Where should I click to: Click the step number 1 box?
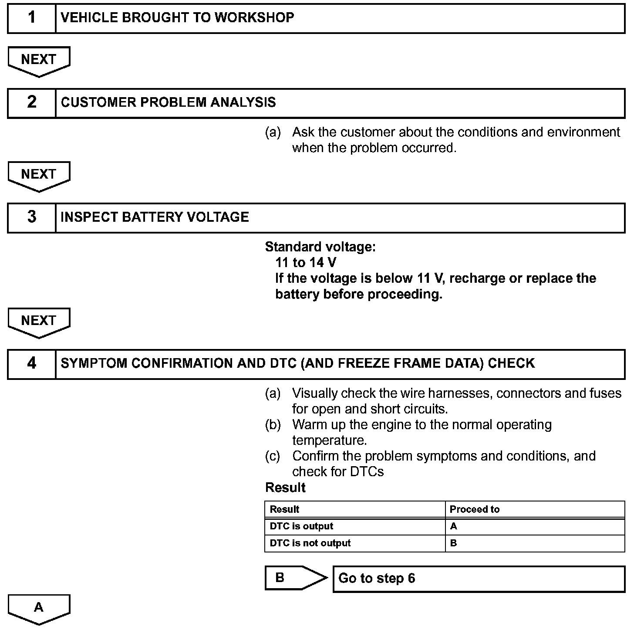pyautogui.click(x=32, y=18)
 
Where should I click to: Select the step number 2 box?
pyautogui.click(x=32, y=103)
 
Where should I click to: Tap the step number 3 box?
pyautogui.click(x=32, y=217)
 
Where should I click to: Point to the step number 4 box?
pyautogui.click(x=32, y=364)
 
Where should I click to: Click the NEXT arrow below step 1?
pyautogui.click(x=39, y=60)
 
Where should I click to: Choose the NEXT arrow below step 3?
pyautogui.click(x=39, y=322)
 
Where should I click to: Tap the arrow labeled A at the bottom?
pyautogui.click(x=39, y=608)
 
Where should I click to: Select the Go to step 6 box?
pyautogui.click(x=479, y=579)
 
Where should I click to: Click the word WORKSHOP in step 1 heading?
pyautogui.click(x=254, y=18)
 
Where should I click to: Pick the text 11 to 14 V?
pyautogui.click(x=306, y=263)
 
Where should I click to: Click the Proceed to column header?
pyautogui.click(x=475, y=509)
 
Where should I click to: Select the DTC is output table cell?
pyautogui.click(x=301, y=526)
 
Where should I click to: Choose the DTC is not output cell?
pyautogui.click(x=310, y=543)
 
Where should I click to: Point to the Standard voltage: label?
pyautogui.click(x=320, y=247)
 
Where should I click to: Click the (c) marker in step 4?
pyautogui.click(x=273, y=456)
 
